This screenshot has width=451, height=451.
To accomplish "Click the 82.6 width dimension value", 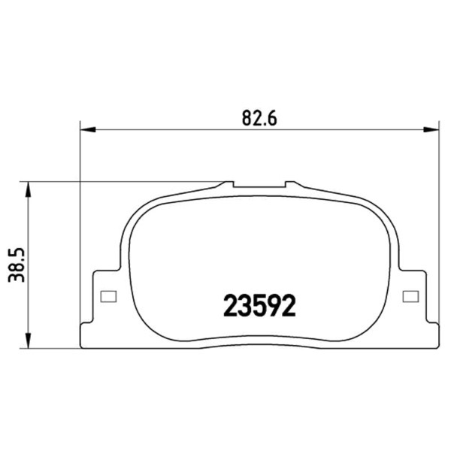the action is [259, 118].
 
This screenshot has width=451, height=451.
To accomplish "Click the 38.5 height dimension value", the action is [17, 265].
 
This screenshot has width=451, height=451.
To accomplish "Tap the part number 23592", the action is [259, 306].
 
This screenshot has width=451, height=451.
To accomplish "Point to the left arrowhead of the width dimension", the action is [87, 130].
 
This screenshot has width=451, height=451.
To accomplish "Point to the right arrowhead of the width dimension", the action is [431, 130].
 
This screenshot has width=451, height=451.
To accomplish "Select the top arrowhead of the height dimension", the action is [28, 189].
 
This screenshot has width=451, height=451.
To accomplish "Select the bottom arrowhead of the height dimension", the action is [28, 341].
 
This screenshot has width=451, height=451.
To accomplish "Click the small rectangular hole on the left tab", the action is [108, 297].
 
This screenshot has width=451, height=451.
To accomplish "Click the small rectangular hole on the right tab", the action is [410, 297].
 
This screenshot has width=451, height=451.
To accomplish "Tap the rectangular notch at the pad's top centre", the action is [259, 185].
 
